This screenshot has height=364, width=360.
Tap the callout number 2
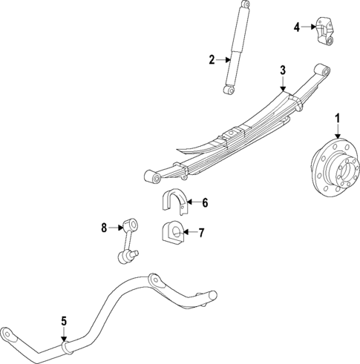212,60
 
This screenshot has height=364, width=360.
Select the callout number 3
282,70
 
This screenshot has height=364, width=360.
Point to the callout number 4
296,27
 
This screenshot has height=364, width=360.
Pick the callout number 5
64,321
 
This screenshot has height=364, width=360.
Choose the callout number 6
205,202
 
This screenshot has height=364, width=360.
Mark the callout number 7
201,233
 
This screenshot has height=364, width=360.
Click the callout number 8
104,227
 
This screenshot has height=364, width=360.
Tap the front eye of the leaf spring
154,176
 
